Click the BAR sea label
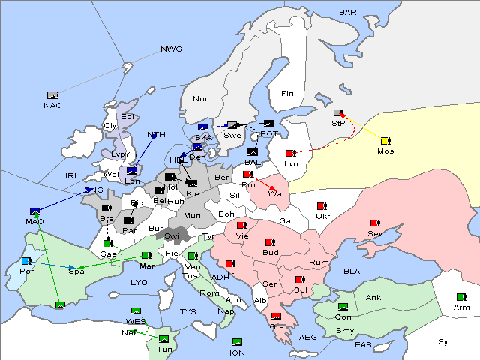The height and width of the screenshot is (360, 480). [348, 13]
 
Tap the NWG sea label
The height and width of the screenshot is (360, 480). [171, 49]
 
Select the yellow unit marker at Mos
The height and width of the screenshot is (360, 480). [385, 141]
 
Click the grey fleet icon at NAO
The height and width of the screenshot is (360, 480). [52, 95]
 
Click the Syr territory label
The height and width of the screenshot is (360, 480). [445, 341]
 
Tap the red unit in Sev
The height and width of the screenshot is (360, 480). [375, 223]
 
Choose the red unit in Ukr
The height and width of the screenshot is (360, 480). [322, 206]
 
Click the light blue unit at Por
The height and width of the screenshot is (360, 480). [26, 261]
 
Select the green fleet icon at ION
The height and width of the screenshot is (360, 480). [237, 342]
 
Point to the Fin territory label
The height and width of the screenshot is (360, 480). [287, 93]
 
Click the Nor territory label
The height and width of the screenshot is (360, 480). [200, 99]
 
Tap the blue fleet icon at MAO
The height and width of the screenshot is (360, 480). [34, 211]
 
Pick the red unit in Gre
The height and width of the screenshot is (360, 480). [277, 316]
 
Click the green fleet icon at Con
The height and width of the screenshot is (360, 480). [343, 307]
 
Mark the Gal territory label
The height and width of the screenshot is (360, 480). [286, 221]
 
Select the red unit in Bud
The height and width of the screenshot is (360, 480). [270, 242]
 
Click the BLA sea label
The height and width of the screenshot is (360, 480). [352, 270]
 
